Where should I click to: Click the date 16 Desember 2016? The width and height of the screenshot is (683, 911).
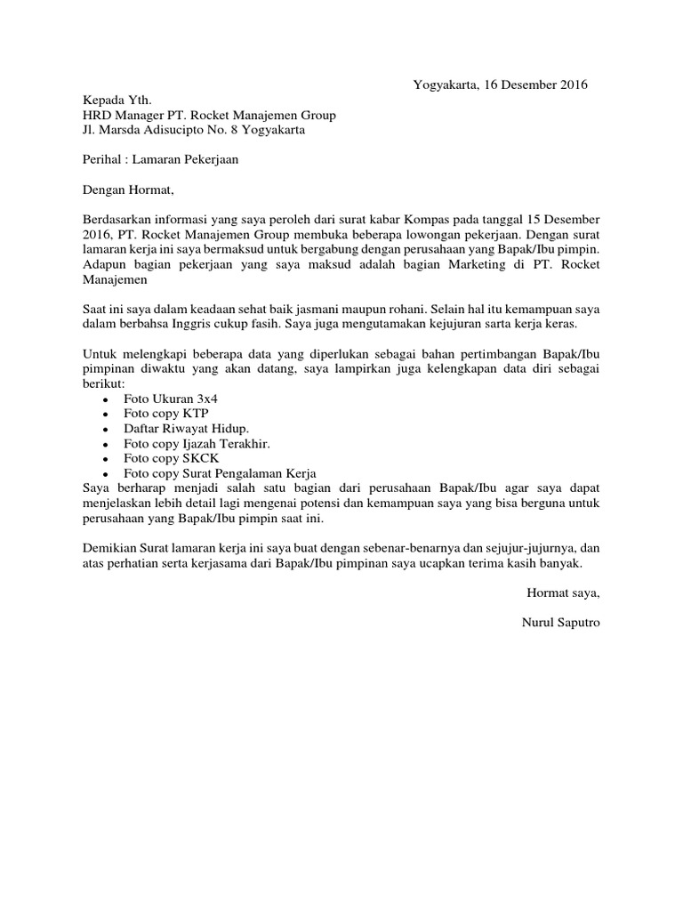pyautogui.click(x=534, y=85)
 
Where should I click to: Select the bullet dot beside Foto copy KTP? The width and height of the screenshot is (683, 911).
pyautogui.click(x=106, y=415)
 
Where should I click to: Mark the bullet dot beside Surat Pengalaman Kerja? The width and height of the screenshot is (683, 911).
pyautogui.click(x=106, y=475)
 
